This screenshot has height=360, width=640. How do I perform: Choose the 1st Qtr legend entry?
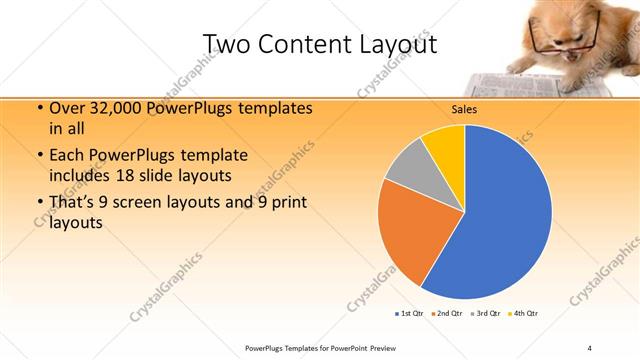(410, 314)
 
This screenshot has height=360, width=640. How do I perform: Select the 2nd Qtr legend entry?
(446, 314)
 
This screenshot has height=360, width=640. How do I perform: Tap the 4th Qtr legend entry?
(525, 314)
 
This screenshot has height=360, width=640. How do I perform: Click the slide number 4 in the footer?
(590, 347)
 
